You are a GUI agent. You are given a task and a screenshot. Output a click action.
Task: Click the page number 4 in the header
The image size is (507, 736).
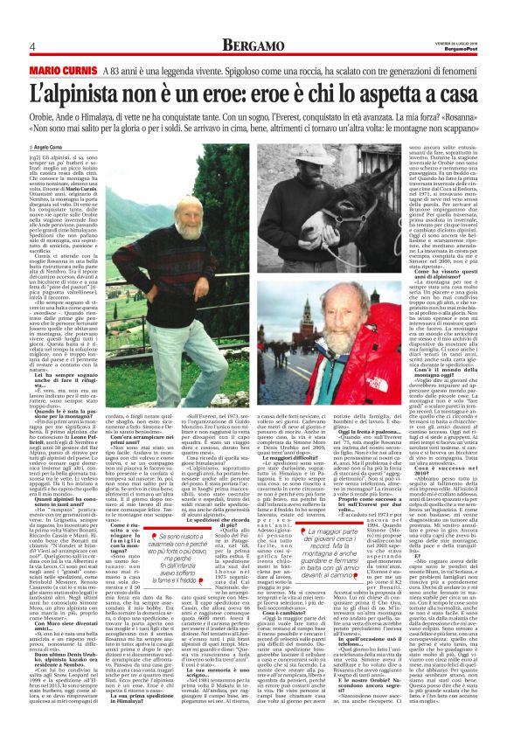[31, 45]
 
